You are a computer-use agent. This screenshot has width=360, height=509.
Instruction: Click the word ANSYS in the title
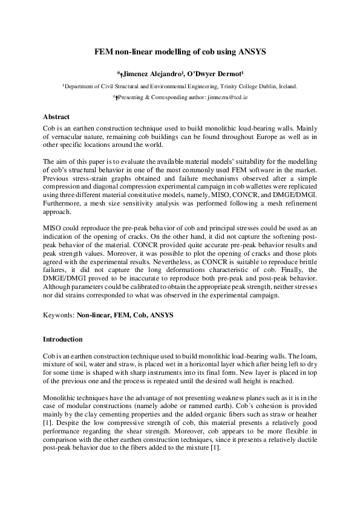point(249,53)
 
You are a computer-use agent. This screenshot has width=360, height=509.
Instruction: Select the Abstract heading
point(56,117)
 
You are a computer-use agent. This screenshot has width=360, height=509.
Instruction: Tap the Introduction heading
point(63,339)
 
